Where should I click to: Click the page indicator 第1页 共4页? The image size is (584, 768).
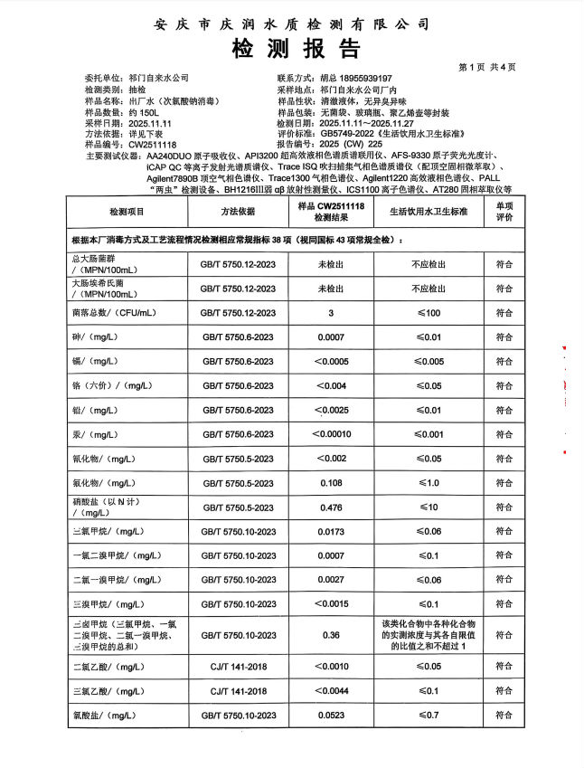pos(488,67)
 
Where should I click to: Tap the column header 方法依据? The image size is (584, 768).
pos(238,211)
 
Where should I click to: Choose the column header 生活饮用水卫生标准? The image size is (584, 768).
pos(429,211)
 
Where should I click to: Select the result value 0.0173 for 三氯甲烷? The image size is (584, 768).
pos(331,532)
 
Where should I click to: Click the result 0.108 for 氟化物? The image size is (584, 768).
pos(331,483)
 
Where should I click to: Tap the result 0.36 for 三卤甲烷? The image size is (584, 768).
pos(331,635)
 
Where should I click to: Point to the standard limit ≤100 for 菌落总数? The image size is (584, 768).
pos(429,313)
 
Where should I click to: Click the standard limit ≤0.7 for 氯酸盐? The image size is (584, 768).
pos(429,716)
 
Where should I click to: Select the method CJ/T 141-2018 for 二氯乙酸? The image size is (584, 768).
pos(238,667)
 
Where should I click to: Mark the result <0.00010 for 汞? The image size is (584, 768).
pos(331,434)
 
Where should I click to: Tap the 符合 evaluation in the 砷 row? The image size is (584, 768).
pos(504,337)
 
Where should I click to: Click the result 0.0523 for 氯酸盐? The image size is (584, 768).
pos(331,716)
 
